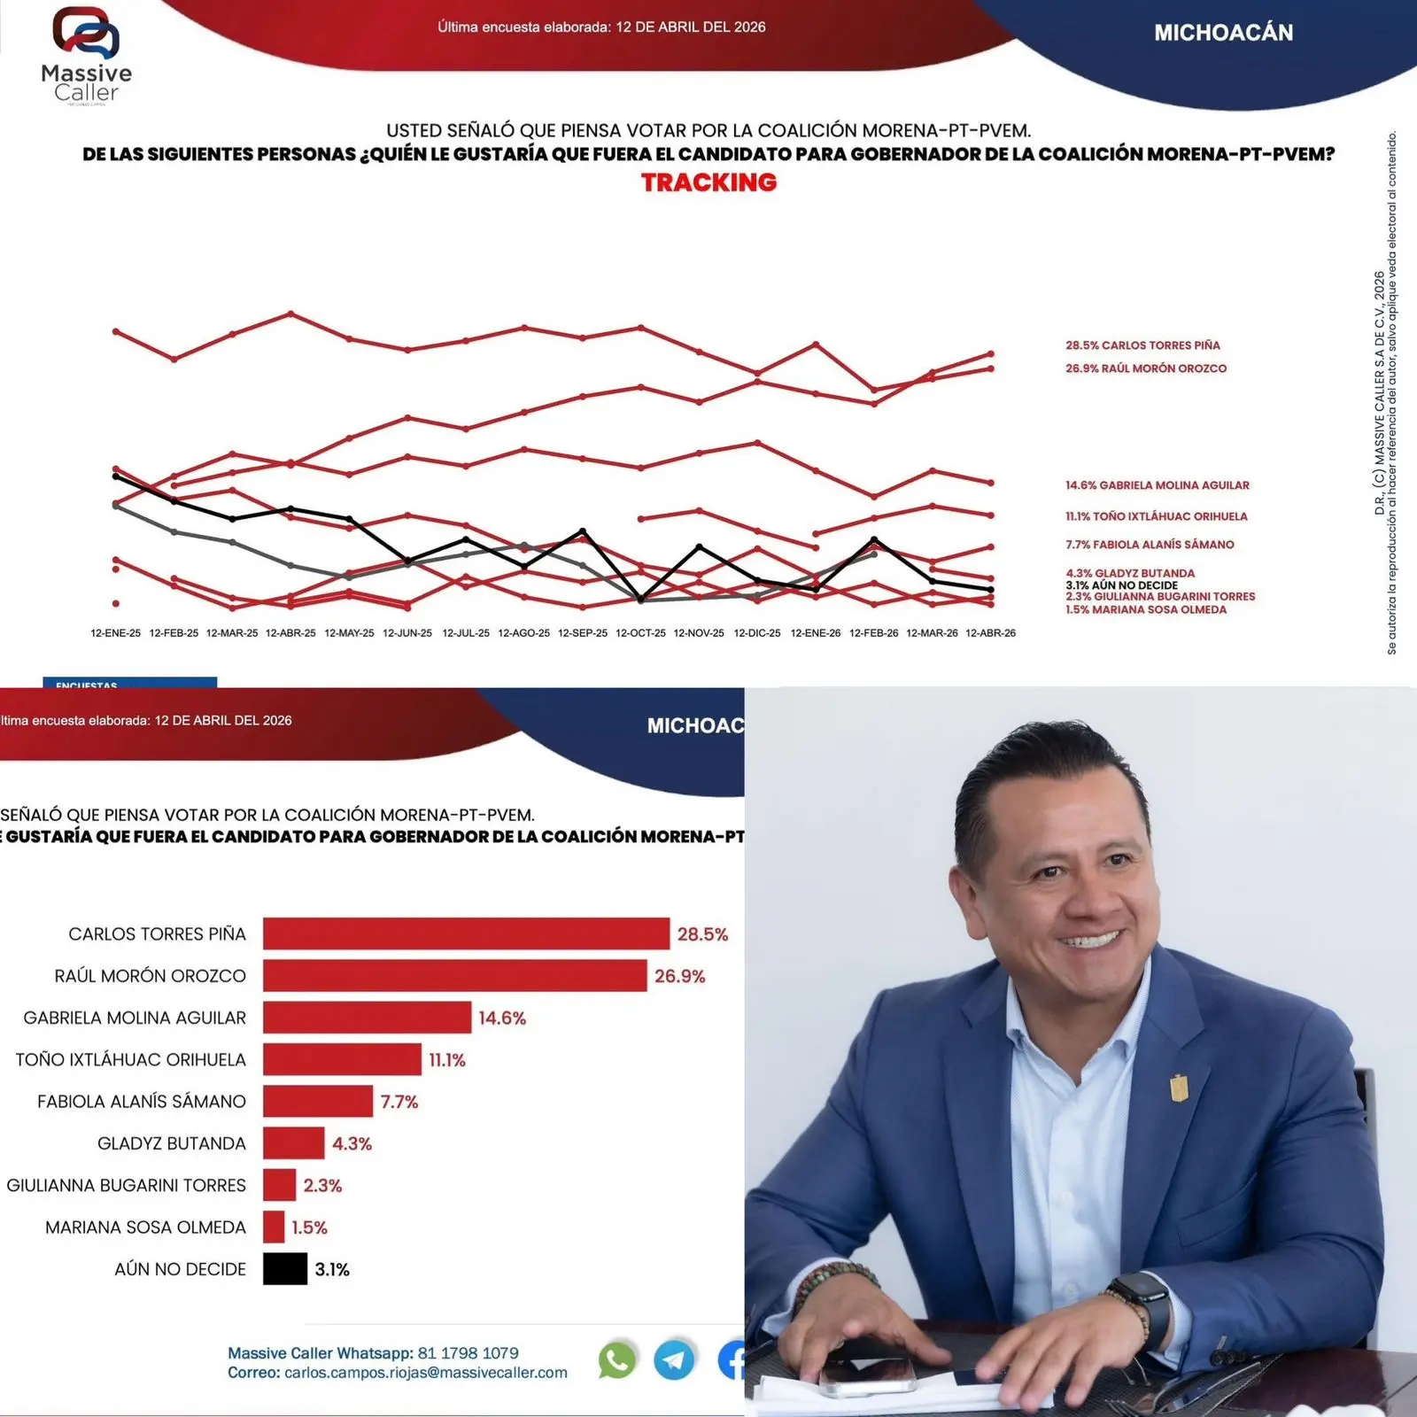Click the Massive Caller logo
pos(86,55)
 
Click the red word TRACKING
pos(708,182)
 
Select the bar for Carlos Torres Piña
pos(466,933)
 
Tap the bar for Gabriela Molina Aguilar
pos(367,1018)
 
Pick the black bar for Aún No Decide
pos(284,1268)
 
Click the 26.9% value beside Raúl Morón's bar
pos(679,976)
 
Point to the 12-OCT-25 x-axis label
pos(640,633)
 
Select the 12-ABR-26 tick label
pos(990,633)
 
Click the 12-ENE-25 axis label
pos(115,633)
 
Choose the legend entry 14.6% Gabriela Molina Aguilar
pos(1157,485)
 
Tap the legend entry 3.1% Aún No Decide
pos(1121,585)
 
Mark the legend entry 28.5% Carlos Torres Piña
pos(1142,345)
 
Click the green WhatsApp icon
pos(617,1360)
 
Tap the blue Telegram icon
pos(674,1360)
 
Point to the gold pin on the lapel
pos(1179,1087)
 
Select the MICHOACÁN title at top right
pos(1223,33)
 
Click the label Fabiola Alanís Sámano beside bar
pos(142,1102)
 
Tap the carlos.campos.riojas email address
pos(425,1373)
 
